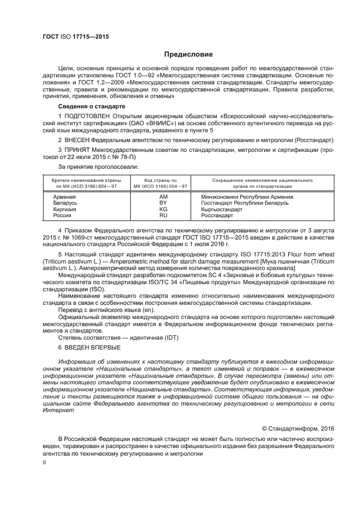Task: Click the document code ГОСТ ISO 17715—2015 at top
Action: pyautogui.click(x=76, y=36)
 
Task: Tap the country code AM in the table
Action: pyautogui.click(x=163, y=197)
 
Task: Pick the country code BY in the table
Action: pyautogui.click(x=163, y=203)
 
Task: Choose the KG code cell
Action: pyautogui.click(x=163, y=210)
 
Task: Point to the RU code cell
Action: pyautogui.click(x=163, y=216)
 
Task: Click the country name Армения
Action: pyautogui.click(x=64, y=197)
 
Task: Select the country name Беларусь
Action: pyautogui.click(x=65, y=203)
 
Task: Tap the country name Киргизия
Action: pyautogui.click(x=65, y=210)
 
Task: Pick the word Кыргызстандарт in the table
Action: pyautogui.click(x=222, y=210)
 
